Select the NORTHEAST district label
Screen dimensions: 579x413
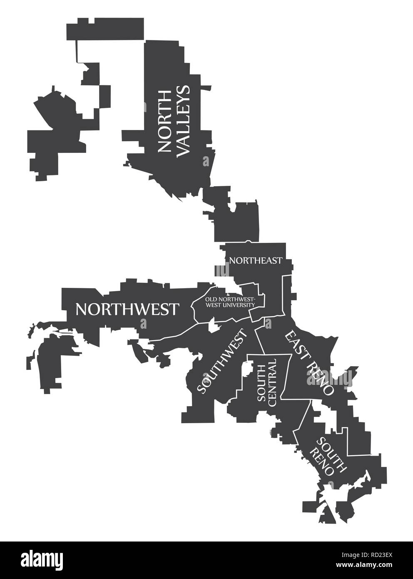coord(256,260)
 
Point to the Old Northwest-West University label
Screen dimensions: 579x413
coord(229,302)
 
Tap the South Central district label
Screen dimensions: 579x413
coord(266,381)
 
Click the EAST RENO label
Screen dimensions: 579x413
coord(310,362)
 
